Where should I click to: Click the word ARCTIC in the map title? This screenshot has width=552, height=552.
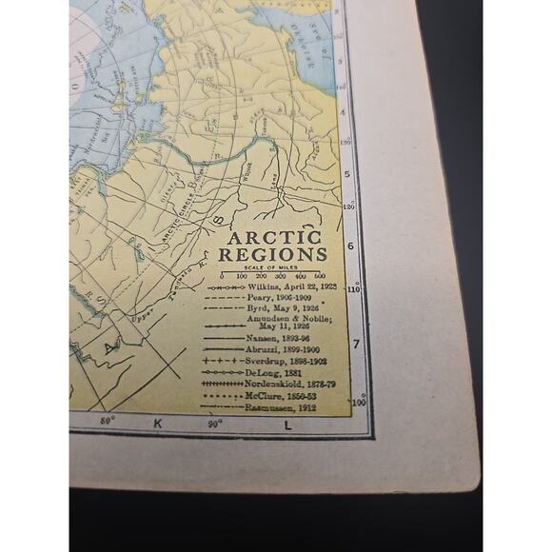(274, 238)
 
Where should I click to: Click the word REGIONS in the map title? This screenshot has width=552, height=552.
(273, 255)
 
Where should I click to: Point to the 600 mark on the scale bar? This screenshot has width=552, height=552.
(319, 275)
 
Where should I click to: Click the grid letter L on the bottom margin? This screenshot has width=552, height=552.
(286, 424)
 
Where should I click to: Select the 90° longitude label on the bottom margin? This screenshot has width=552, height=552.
(216, 423)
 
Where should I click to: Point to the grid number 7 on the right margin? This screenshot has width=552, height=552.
(356, 343)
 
